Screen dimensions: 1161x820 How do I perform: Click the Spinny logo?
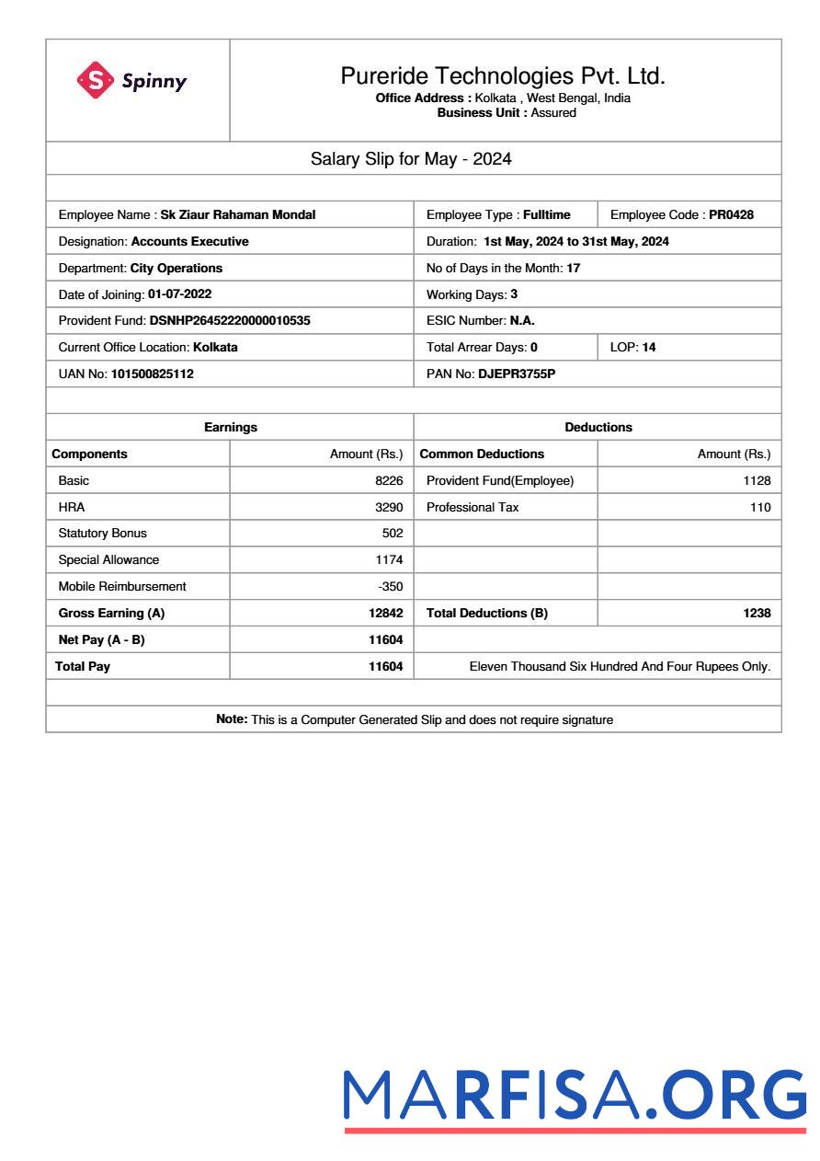tap(132, 81)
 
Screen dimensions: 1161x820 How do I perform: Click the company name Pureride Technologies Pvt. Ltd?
tap(503, 75)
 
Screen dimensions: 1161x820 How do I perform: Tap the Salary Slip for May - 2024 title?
tap(411, 159)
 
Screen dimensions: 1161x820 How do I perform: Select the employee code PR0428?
tap(731, 215)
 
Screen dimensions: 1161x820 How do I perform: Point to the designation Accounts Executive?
tap(189, 241)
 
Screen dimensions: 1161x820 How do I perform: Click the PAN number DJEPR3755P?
tap(517, 374)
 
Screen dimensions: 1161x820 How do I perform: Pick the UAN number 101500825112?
tap(153, 374)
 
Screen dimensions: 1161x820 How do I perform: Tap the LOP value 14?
tap(649, 348)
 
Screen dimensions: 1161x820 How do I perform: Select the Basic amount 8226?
tap(389, 480)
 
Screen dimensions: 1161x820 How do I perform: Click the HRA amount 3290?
tap(389, 507)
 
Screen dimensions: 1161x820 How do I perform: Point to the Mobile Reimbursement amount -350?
tap(391, 587)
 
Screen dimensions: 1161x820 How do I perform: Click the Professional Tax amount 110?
tap(760, 507)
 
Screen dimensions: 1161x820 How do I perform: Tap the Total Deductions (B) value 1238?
tap(757, 614)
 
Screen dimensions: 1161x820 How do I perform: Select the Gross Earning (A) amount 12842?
tap(385, 614)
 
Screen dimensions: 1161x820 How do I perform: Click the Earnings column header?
tap(230, 427)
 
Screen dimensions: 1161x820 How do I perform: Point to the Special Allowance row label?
tap(108, 560)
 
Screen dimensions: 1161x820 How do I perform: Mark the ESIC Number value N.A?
tap(522, 321)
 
